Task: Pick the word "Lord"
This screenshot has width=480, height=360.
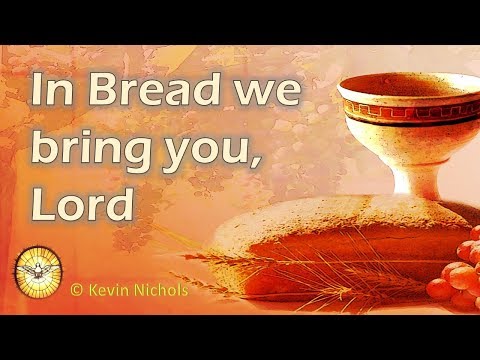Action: pos(82,204)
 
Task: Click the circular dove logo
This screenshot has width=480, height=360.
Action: pos(38,270)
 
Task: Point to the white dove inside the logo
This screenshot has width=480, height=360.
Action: pos(38,268)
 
